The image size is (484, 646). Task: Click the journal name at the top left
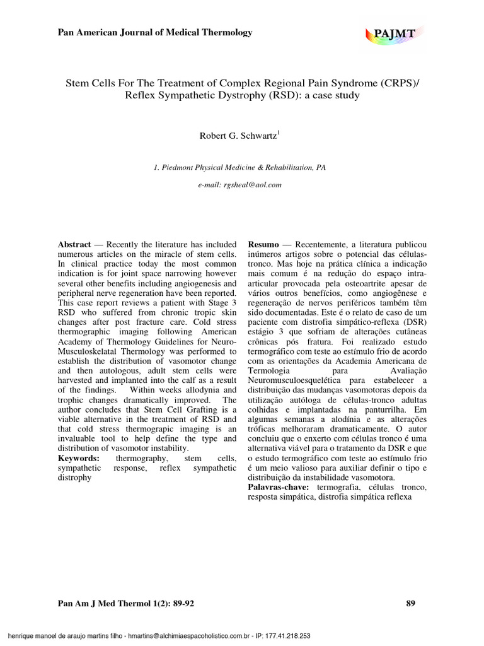click(x=155, y=32)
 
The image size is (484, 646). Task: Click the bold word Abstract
click(x=74, y=244)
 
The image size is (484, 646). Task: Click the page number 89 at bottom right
click(x=411, y=604)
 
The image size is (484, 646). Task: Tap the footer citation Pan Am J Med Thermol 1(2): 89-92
click(x=126, y=604)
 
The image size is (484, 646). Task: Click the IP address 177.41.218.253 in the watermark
click(x=285, y=637)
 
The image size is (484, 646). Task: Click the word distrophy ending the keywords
click(x=75, y=478)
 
